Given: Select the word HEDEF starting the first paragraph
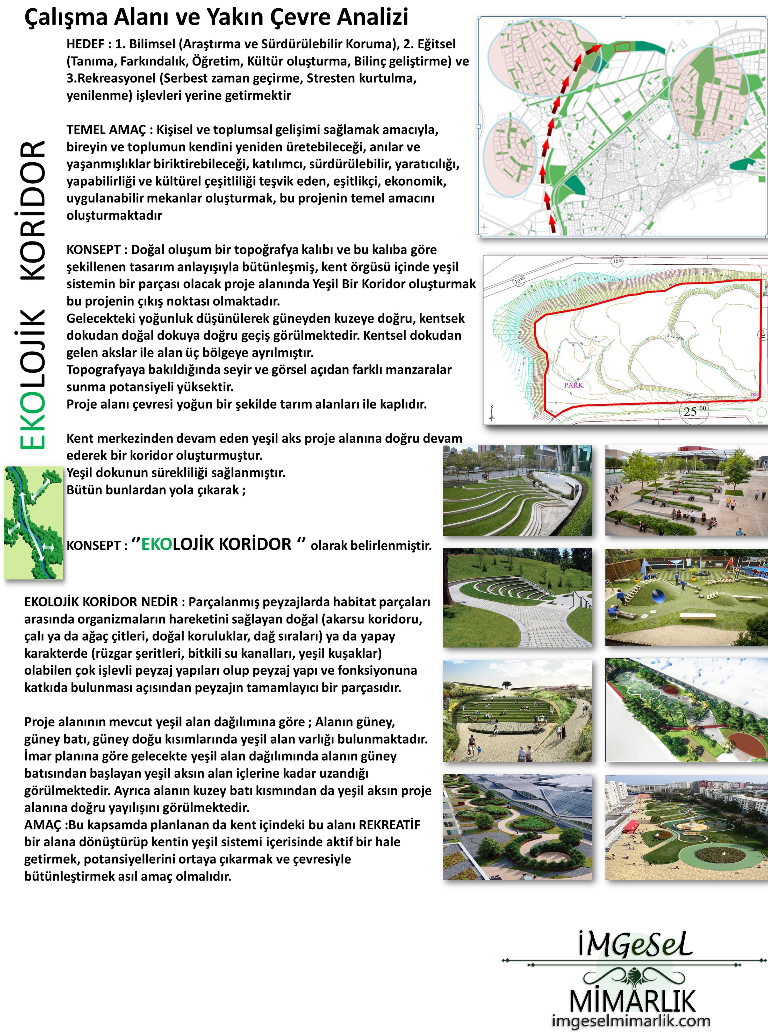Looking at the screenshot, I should pyautogui.click(x=85, y=44).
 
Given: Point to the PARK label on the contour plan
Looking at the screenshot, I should pyautogui.click(x=573, y=385).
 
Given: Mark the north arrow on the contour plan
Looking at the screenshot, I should pyautogui.click(x=492, y=413).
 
